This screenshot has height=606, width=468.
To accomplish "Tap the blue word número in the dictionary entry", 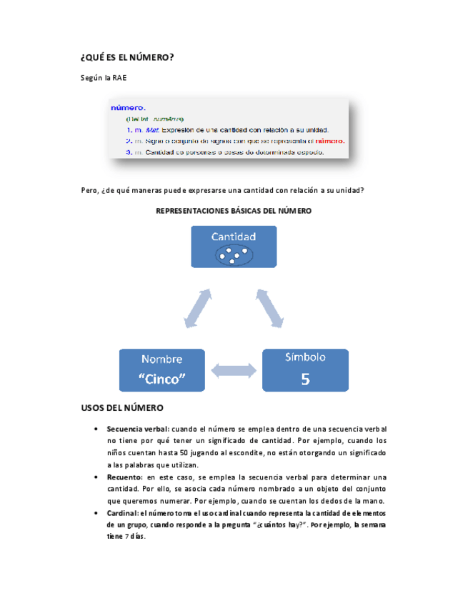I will click(x=128, y=108).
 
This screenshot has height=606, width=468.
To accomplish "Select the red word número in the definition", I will click(x=329, y=141).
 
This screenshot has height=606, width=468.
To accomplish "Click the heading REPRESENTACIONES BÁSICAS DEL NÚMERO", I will click(x=234, y=211).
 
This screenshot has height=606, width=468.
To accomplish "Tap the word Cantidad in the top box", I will click(x=233, y=237).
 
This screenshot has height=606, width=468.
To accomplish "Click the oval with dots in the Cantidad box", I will click(x=233, y=254).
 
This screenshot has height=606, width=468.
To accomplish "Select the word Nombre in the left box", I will click(x=161, y=359).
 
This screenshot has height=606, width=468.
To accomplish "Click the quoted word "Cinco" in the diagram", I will click(x=161, y=379).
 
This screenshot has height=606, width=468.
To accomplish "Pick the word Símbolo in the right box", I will click(x=305, y=357).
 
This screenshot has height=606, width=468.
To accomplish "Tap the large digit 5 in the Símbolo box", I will click(x=305, y=379).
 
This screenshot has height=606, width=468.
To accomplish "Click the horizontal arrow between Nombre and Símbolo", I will click(x=234, y=370).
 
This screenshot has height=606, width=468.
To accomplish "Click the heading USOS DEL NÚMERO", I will click(x=123, y=408).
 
